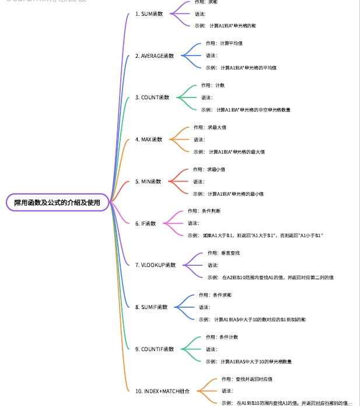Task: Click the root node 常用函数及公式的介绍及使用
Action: pos(57,202)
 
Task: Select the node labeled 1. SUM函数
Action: pos(149,13)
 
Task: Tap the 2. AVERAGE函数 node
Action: pos(158,55)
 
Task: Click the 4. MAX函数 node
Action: pos(149,140)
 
